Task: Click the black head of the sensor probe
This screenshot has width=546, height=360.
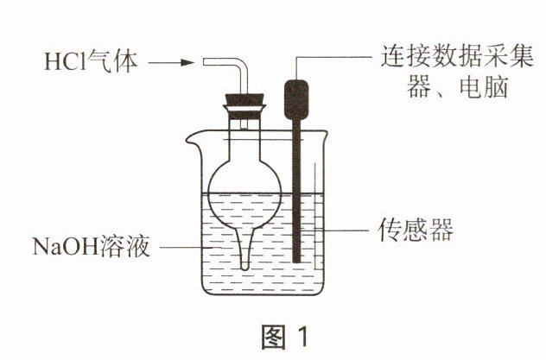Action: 297,100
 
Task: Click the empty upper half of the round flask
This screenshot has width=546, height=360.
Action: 244,164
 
